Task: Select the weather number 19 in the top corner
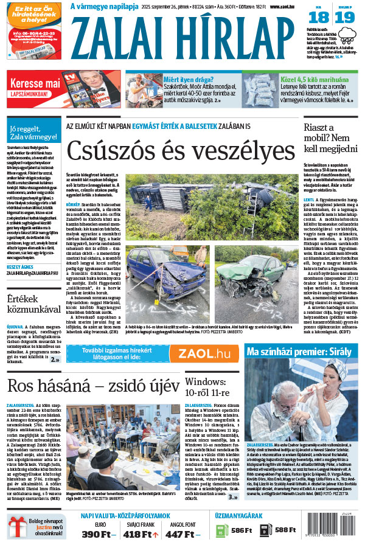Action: click(x=345, y=18)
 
